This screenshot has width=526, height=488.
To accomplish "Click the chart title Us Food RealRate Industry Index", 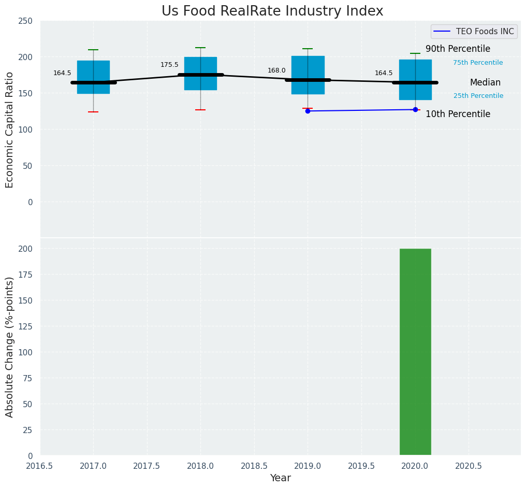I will click(x=272, y=11).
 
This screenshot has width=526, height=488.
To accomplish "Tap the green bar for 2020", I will click(x=415, y=352).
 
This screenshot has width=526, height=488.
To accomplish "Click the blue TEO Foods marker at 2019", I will click(x=308, y=111).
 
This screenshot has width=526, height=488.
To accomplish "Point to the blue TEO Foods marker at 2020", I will click(x=415, y=109).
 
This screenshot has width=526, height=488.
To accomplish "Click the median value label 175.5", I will click(x=169, y=65).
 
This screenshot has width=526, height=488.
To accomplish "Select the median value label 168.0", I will click(x=276, y=70).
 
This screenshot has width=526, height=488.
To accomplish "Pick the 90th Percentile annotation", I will click(x=458, y=49).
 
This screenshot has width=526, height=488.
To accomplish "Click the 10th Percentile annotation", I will click(x=458, y=114).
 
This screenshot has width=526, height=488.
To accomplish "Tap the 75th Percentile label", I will click(x=478, y=63).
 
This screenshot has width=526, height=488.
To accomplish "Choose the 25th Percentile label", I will click(x=478, y=96).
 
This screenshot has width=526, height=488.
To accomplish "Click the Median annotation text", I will click(x=485, y=82).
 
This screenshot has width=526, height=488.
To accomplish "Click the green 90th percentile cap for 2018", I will click(x=200, y=48).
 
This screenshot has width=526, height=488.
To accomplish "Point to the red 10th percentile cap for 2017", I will click(x=93, y=112).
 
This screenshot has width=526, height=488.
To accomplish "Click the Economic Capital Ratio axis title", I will click(x=10, y=130).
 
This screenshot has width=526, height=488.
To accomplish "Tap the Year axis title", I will click(x=281, y=478).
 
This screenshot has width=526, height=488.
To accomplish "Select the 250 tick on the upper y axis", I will click(x=26, y=21).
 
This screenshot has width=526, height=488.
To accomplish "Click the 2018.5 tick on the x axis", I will click(x=254, y=466).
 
